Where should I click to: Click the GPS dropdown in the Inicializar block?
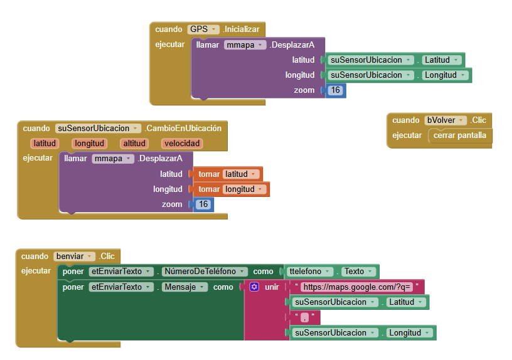(203, 29)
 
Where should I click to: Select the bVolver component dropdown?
(445, 120)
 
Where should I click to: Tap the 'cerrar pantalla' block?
(460, 135)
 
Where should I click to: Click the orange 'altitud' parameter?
(134, 143)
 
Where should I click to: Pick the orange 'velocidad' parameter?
(182, 143)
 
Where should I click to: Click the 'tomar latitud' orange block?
(228, 174)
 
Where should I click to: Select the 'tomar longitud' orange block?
(231, 189)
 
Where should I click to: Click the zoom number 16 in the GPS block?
(335, 90)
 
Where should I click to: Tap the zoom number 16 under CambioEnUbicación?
(203, 204)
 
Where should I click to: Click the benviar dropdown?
(75, 257)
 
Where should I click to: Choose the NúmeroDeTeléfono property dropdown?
(205, 272)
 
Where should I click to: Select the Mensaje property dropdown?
(185, 287)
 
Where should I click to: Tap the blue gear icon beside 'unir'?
(254, 287)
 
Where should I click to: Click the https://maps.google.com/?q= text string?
(356, 287)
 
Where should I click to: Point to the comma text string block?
(305, 317)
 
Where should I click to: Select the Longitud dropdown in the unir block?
(410, 333)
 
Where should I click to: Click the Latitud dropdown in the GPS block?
(442, 60)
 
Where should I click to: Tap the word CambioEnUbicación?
(183, 129)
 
